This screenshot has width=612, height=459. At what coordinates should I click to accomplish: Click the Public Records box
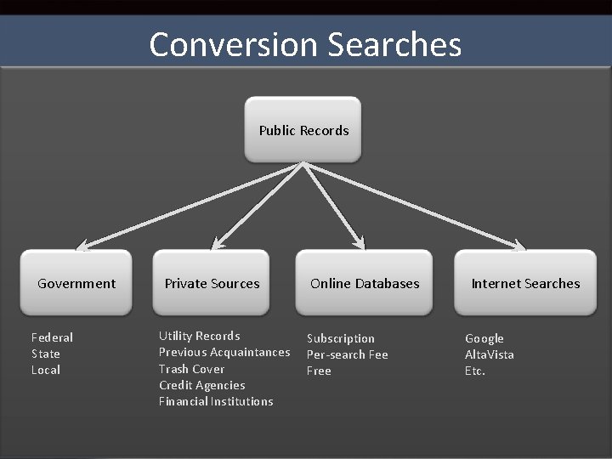[x=303, y=130]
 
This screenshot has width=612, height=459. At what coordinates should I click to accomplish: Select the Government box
[x=76, y=283]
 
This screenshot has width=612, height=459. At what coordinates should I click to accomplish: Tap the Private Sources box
[x=212, y=283]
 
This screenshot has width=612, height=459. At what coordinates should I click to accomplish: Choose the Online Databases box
[x=365, y=283]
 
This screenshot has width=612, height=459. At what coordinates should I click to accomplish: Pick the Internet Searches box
[x=525, y=283]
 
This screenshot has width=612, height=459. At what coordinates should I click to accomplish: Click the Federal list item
[x=52, y=337]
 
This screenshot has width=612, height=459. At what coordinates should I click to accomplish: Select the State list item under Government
[x=46, y=354]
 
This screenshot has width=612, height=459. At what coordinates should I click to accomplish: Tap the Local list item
[x=46, y=370]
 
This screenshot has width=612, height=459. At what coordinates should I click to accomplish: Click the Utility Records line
[x=199, y=336]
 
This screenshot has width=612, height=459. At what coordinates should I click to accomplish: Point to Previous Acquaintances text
[x=224, y=352]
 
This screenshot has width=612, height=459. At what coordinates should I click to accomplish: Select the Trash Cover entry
[x=191, y=369]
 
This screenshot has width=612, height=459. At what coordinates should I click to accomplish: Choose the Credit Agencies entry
[x=201, y=385]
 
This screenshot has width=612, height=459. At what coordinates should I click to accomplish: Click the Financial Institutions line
[x=216, y=401]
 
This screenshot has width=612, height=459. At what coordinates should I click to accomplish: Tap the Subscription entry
[x=340, y=338]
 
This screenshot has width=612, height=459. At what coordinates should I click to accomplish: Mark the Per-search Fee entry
[x=347, y=354]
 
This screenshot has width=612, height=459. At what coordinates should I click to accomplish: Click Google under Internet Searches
[x=484, y=338]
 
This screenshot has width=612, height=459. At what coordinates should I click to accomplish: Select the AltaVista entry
[x=489, y=354]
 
